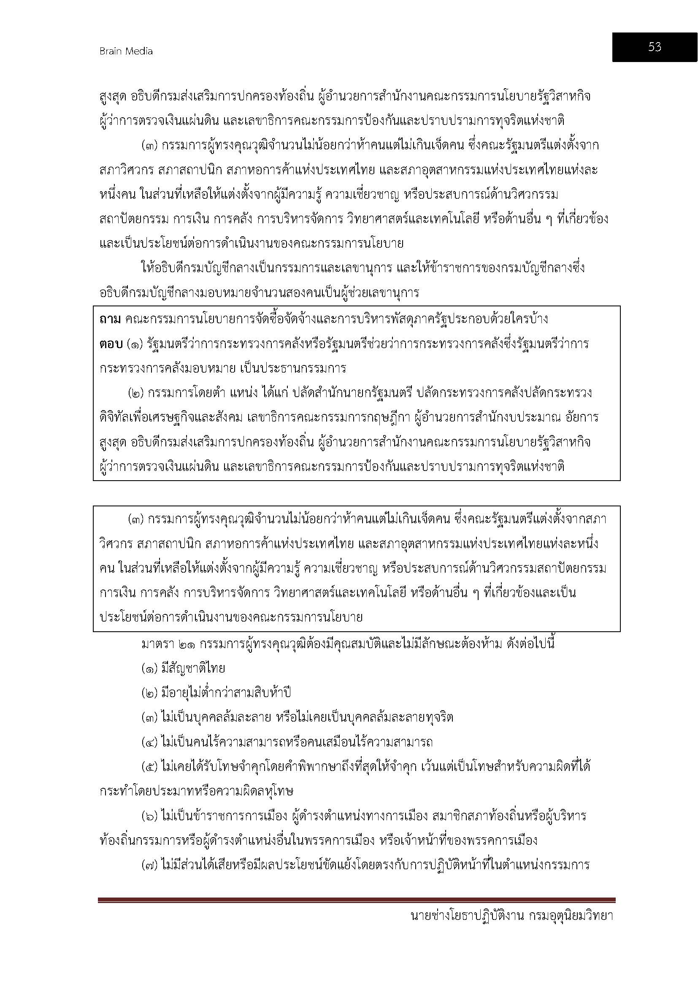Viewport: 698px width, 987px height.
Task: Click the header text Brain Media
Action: (126, 51)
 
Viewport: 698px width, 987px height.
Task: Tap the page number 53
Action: (654, 47)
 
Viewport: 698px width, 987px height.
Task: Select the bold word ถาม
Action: (110, 319)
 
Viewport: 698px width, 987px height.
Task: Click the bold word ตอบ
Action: (111, 344)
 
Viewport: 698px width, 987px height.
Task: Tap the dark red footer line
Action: (356, 900)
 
